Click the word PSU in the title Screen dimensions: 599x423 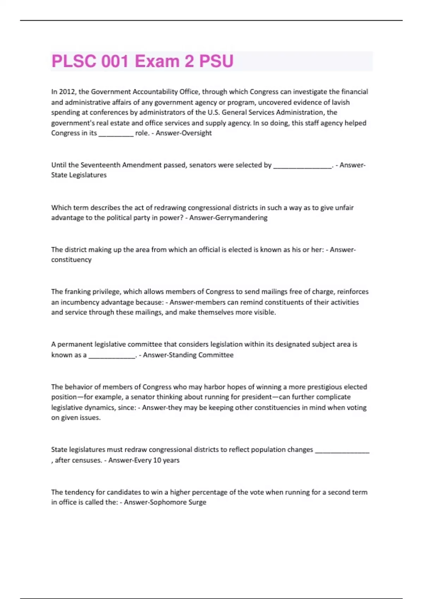(216, 61)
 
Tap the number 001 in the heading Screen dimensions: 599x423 (115, 61)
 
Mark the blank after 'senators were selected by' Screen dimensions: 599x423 (302, 166)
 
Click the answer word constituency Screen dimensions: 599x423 (71, 260)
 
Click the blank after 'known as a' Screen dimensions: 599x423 (112, 356)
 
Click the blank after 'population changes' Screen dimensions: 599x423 (342, 450)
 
